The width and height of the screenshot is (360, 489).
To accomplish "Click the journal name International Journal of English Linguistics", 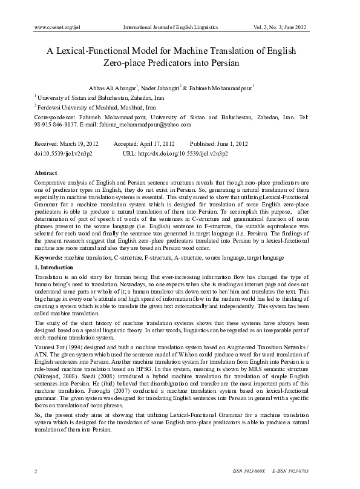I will (x=170, y=28).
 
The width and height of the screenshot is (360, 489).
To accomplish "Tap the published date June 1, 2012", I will (x=229, y=144).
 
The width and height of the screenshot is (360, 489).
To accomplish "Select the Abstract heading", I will (x=45, y=174).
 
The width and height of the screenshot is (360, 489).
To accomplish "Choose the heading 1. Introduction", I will (x=54, y=267).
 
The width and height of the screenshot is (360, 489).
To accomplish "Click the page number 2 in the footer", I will (x=37, y=470).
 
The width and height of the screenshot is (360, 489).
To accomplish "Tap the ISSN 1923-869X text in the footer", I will (x=249, y=471).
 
